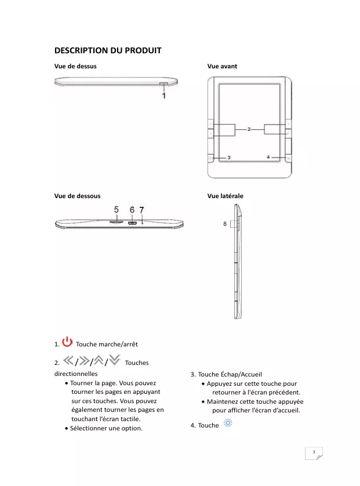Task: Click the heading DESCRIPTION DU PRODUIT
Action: point(107,50)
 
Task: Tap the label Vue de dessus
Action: point(75,66)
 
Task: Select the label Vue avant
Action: point(222,66)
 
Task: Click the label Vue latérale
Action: point(225,196)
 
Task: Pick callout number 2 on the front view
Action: point(249,129)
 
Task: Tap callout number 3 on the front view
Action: point(229,157)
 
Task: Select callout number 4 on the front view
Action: point(268,156)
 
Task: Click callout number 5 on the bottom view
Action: point(117,210)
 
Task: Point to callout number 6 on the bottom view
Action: point(132,210)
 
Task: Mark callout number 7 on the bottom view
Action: point(142,210)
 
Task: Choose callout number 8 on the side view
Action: point(225,223)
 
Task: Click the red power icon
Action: point(68,342)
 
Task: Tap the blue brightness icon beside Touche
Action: point(228,424)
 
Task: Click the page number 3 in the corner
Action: point(313,452)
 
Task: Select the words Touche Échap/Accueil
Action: point(229,374)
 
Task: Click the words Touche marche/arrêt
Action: point(107,345)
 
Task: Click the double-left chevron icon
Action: point(68,361)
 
